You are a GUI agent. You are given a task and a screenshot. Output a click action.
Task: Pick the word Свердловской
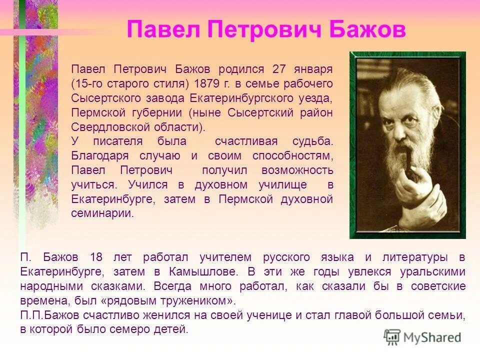[x=103, y=126]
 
